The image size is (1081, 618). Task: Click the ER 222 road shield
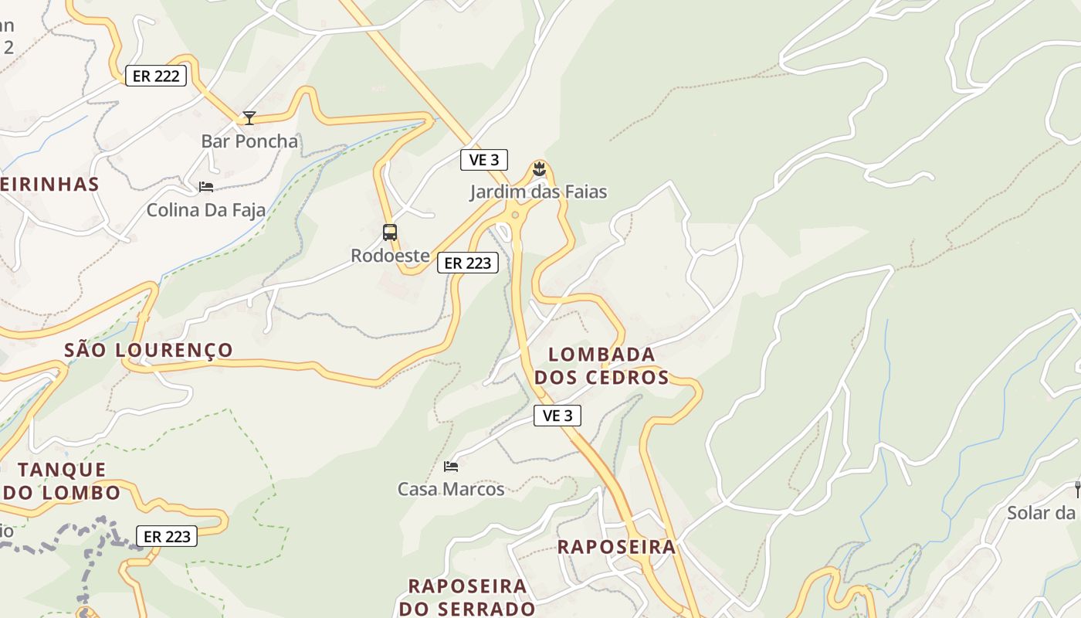(156, 76)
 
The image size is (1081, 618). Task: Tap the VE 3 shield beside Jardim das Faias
(484, 160)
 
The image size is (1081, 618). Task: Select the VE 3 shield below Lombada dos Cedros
(557, 416)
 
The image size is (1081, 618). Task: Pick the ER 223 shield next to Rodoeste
(468, 263)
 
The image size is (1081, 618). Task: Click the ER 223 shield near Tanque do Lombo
(167, 536)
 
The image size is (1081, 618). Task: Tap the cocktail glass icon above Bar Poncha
(249, 118)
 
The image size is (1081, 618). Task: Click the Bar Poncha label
(249, 141)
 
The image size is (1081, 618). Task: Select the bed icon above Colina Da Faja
(206, 187)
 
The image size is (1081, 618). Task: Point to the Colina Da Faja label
(206, 210)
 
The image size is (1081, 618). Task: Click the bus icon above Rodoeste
(390, 232)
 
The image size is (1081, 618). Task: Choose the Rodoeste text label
(390, 255)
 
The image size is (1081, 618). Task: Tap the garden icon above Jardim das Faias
(539, 168)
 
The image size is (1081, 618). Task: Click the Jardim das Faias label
(539, 192)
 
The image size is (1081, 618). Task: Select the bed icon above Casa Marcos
(451, 466)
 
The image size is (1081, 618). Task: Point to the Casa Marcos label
(451, 489)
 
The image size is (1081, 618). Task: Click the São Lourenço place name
(148, 350)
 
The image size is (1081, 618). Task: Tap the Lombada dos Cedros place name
(601, 366)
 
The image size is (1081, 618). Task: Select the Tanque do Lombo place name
(62, 480)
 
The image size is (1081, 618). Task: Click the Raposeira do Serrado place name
(467, 597)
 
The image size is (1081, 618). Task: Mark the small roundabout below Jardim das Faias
(515, 215)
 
